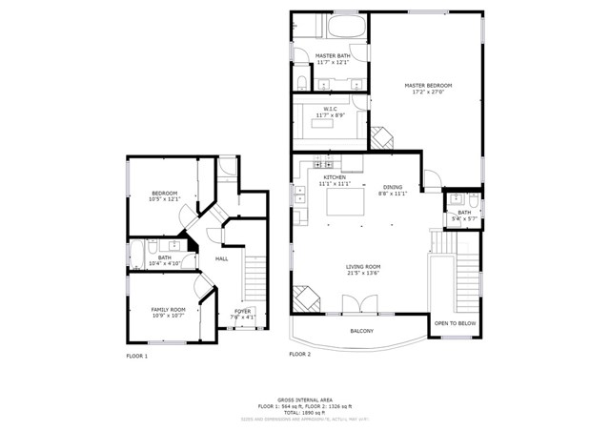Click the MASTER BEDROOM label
(426, 86)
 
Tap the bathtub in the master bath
(341, 27)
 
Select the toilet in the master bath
(300, 80)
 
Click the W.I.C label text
(330, 109)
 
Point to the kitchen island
(346, 202)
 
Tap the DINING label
(393, 187)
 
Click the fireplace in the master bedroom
(382, 138)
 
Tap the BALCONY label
(361, 331)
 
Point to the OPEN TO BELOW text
(455, 323)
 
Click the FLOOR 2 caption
(299, 354)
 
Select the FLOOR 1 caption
(137, 356)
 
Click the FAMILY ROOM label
(168, 309)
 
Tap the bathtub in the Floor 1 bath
(135, 255)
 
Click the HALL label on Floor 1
(221, 258)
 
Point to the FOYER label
(243, 311)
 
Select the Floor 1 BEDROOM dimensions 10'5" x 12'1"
(164, 199)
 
